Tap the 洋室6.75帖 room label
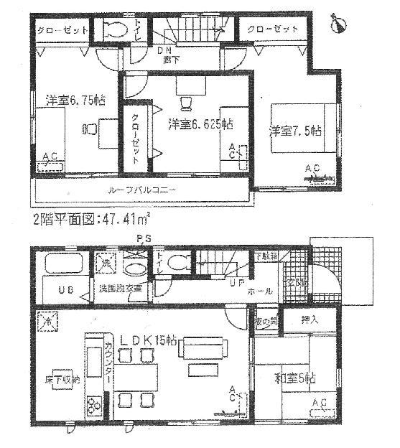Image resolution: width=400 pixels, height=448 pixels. point(75,101)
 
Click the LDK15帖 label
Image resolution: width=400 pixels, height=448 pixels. point(149,341)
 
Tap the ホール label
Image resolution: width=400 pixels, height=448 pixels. point(261,291)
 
